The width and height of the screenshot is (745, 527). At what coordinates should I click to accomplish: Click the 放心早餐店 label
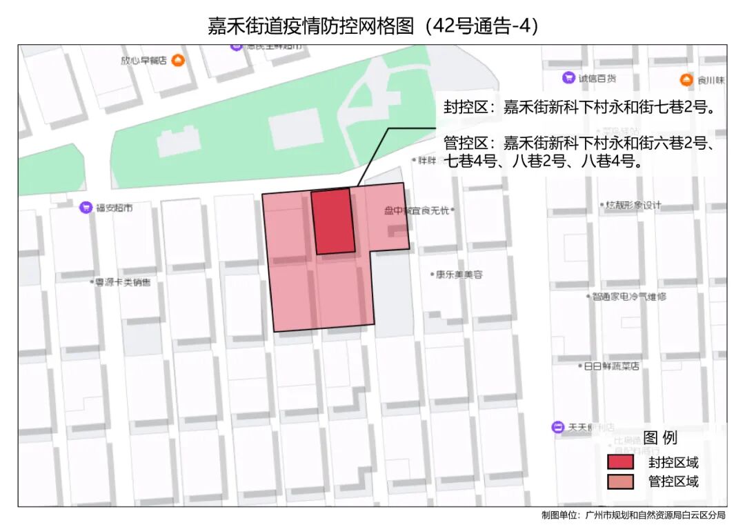[143, 61]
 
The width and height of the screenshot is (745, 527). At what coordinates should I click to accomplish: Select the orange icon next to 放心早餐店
[179, 61]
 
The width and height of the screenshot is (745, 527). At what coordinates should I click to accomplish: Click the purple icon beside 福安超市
[86, 206]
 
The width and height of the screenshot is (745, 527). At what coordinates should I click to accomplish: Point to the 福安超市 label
[115, 207]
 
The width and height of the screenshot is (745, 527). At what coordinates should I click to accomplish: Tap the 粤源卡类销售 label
[123, 282]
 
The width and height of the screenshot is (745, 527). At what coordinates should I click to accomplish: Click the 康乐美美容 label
[459, 275]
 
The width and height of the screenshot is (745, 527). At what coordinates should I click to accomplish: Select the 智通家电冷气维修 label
[629, 297]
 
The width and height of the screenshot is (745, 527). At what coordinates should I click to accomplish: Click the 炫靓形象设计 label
[633, 205]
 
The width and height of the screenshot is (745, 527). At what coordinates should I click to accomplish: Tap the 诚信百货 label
[597, 79]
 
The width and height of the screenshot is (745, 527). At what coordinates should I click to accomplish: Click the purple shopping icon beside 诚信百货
[568, 78]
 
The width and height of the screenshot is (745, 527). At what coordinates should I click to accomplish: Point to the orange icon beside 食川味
[686, 80]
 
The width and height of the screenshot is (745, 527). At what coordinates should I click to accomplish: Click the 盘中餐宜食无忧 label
[417, 210]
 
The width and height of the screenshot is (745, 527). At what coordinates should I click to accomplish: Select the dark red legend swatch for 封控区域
[620, 462]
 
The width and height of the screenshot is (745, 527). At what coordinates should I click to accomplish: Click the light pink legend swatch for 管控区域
[620, 481]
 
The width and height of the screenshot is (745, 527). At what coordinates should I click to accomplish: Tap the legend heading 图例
[659, 437]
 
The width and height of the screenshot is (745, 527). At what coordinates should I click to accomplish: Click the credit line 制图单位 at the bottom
[633, 515]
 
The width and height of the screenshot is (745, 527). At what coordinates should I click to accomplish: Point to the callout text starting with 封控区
[578, 108]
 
